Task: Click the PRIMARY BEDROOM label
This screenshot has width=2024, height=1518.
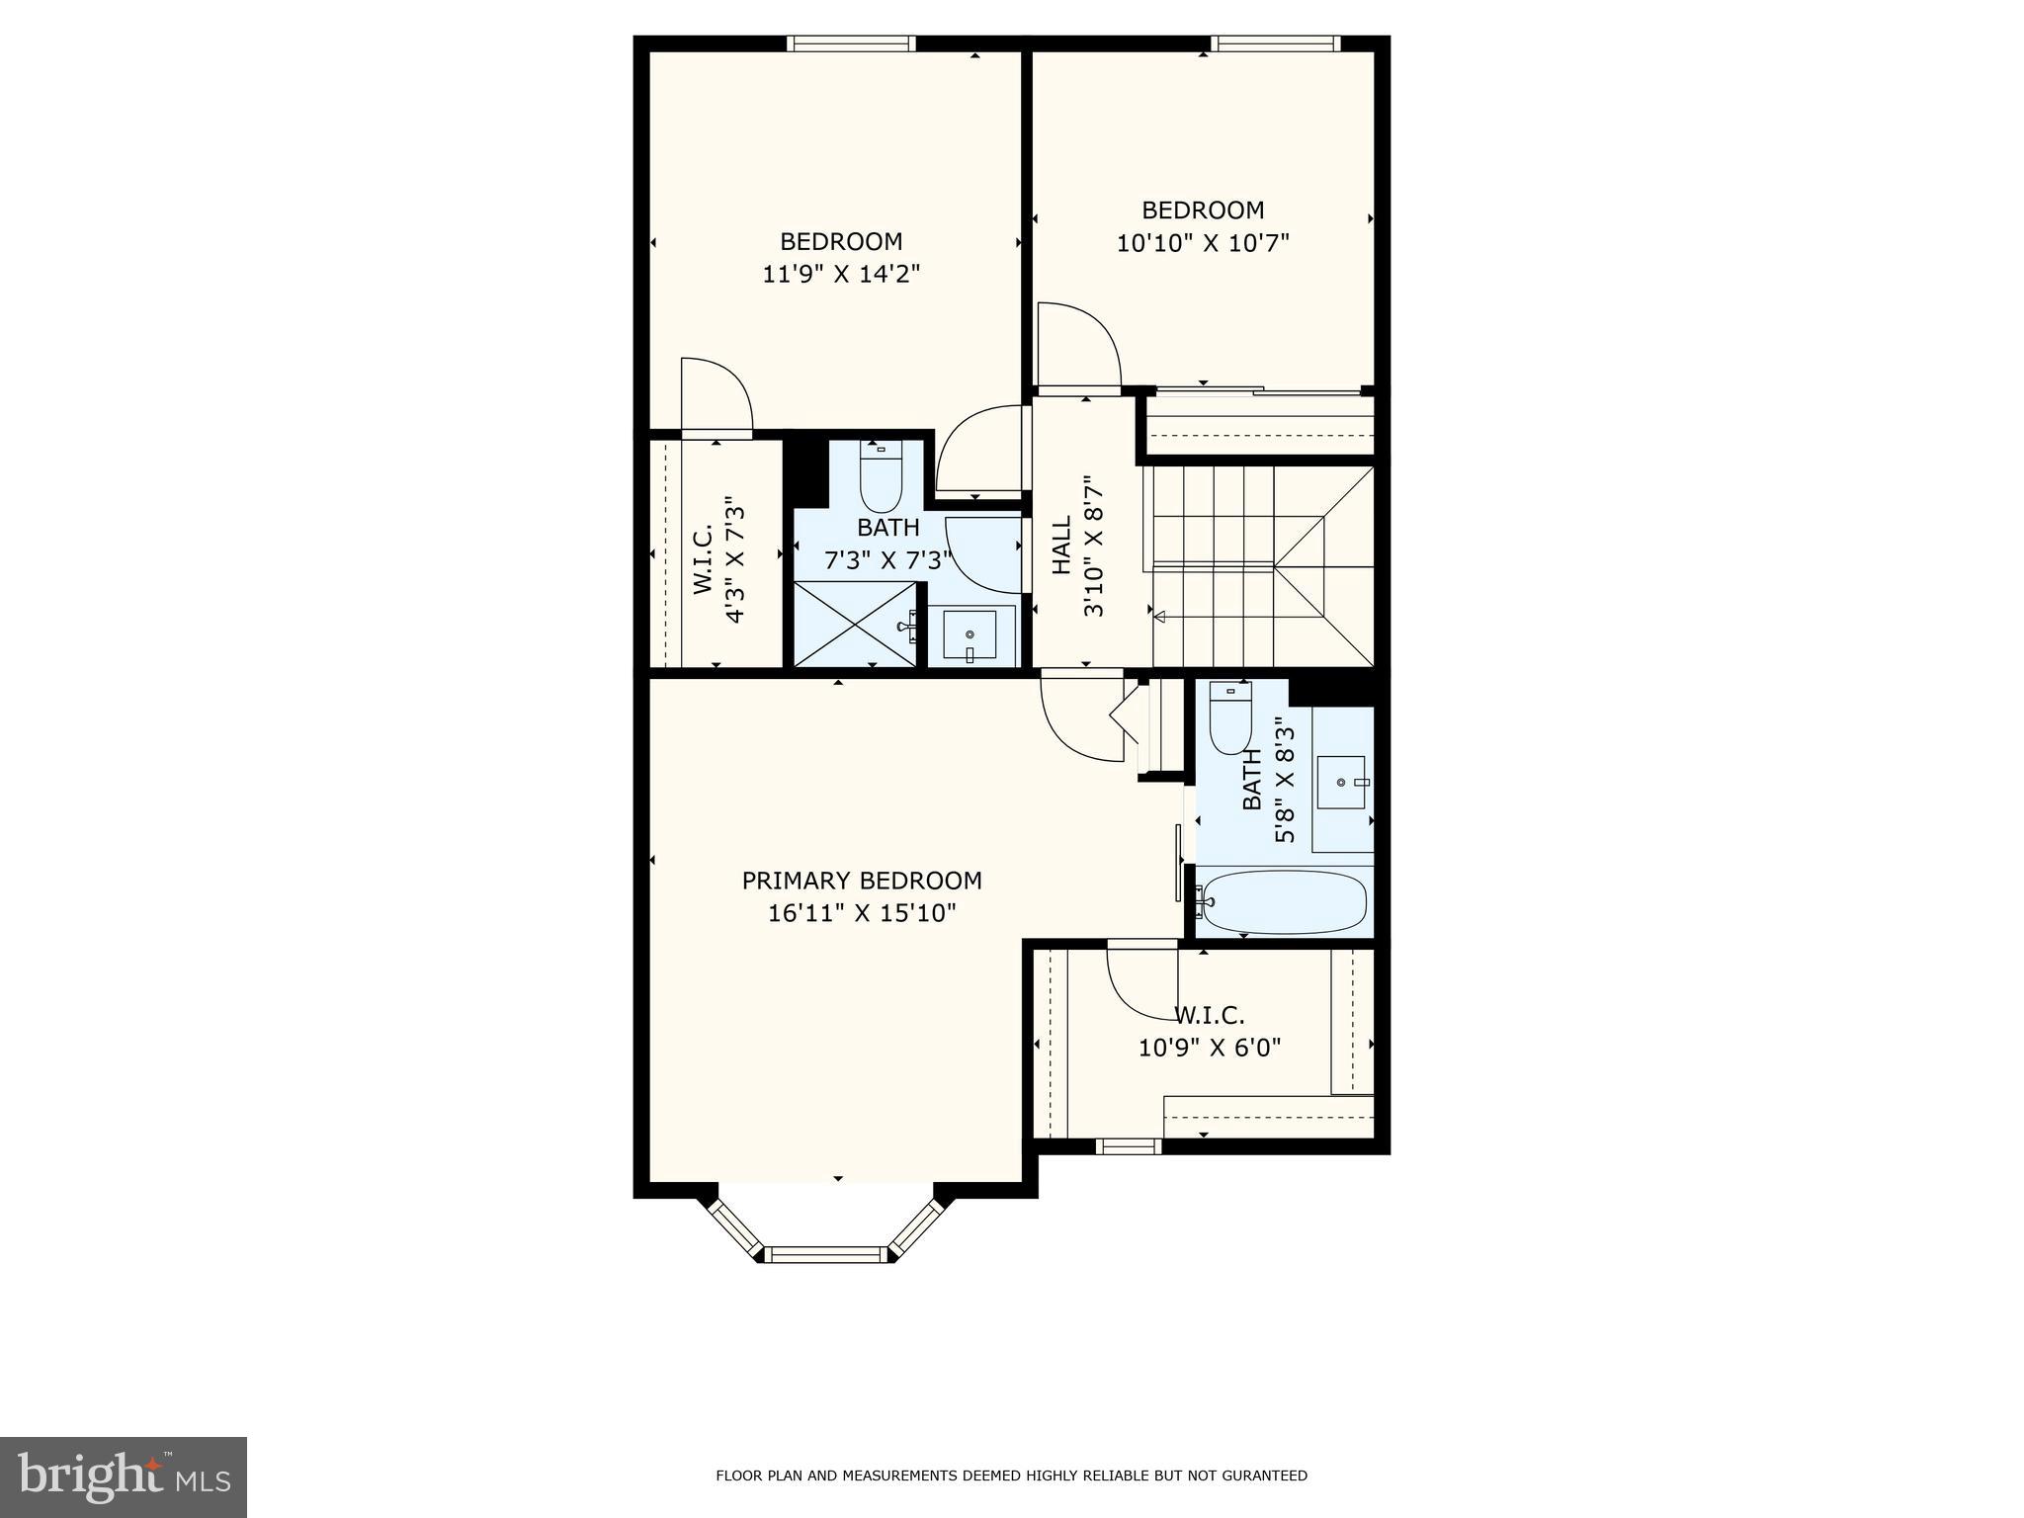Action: pyautogui.click(x=862, y=881)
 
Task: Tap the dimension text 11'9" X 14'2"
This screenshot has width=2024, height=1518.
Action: pyautogui.click(x=841, y=274)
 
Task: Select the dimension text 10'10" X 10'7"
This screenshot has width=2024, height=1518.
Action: pyautogui.click(x=1203, y=243)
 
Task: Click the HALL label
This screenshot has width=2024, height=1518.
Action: pyautogui.click(x=1061, y=546)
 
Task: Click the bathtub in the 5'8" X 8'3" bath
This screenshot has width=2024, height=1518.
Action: pyautogui.click(x=1284, y=902)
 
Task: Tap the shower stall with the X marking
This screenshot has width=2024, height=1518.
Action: pyautogui.click(x=856, y=625)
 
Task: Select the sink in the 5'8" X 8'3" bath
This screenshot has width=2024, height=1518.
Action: pyautogui.click(x=1342, y=783)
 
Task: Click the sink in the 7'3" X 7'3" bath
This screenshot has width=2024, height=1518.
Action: pyautogui.click(x=969, y=634)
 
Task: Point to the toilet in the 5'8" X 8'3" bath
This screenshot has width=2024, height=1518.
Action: pyautogui.click(x=1230, y=717)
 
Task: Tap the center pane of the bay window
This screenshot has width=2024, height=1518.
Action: pyautogui.click(x=824, y=1255)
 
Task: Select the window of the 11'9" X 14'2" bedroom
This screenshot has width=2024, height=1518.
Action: pyautogui.click(x=851, y=43)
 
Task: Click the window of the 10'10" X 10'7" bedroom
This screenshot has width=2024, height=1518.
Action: pyautogui.click(x=1275, y=43)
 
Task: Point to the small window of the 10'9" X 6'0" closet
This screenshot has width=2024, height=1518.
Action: pyautogui.click(x=1128, y=1146)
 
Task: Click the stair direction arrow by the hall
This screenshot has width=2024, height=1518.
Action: pyautogui.click(x=1160, y=617)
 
